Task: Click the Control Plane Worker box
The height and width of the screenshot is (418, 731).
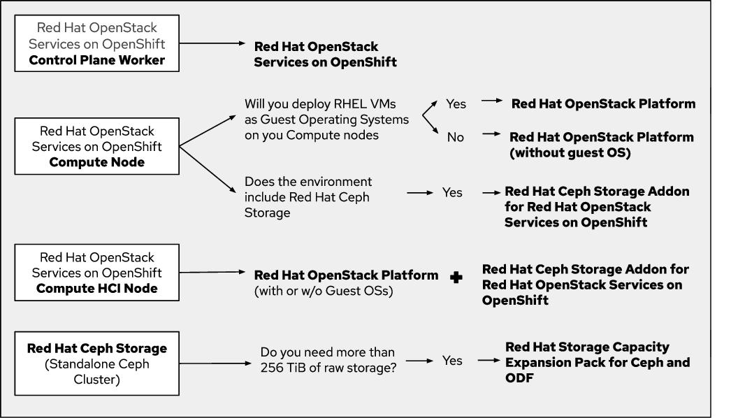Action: (x=97, y=44)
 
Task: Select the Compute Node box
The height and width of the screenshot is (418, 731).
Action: (x=97, y=147)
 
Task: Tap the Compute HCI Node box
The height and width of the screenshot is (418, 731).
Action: (x=97, y=273)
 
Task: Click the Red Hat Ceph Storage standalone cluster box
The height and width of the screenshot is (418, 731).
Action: (x=97, y=363)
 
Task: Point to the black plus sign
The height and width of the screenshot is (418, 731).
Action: (x=456, y=278)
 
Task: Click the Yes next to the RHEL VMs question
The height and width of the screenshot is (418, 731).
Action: (x=456, y=103)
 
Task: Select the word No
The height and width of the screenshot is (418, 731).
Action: (x=456, y=137)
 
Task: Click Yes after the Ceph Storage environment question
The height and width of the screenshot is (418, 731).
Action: (x=452, y=192)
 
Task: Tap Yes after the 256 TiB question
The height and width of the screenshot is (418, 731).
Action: (x=452, y=361)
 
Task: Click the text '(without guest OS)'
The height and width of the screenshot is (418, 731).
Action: (x=570, y=153)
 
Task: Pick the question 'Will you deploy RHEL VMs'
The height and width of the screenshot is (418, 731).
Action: (x=326, y=120)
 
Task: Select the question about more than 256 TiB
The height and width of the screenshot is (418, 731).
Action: (x=328, y=361)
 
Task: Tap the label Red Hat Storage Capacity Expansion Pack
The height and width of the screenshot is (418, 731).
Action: (x=597, y=362)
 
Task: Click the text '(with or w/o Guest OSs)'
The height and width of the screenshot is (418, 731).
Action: (x=323, y=291)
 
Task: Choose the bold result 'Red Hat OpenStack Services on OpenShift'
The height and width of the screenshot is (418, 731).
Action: (x=325, y=55)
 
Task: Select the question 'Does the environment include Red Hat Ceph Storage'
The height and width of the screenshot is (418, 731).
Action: (x=308, y=197)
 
